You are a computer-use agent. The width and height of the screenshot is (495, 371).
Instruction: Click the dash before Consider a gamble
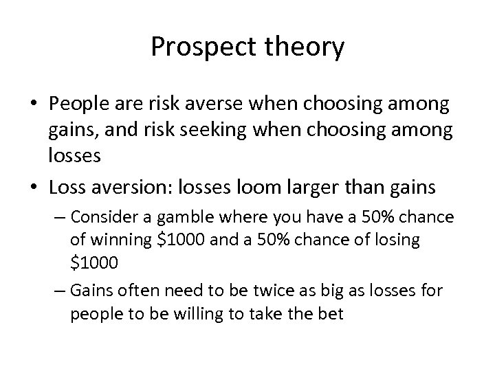pyautogui.click(x=75, y=218)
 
